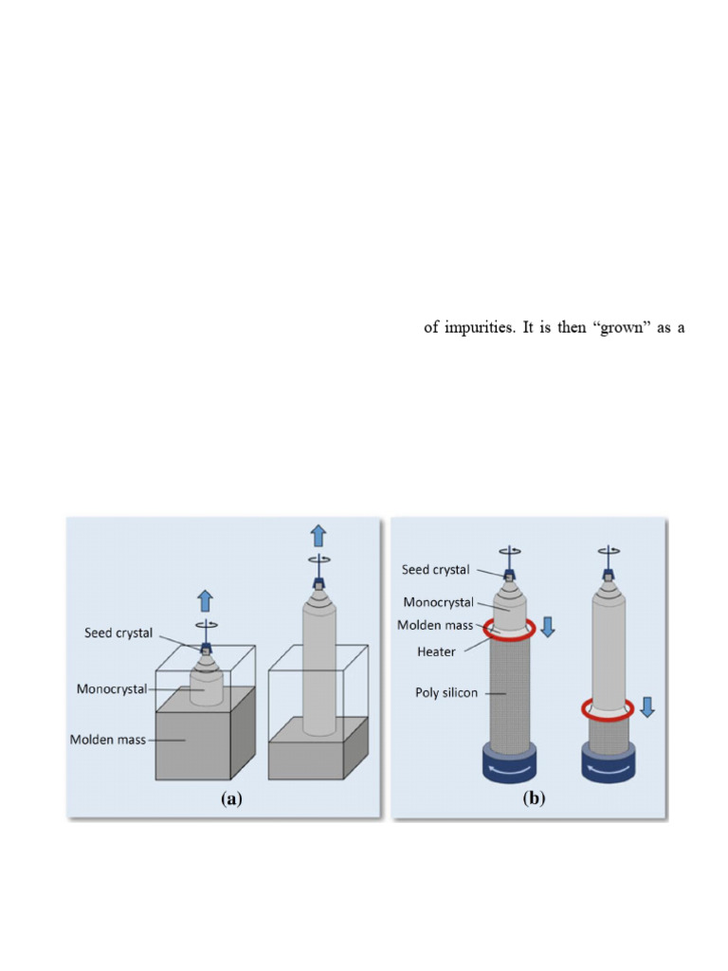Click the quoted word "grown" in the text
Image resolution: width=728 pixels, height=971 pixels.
point(603,329)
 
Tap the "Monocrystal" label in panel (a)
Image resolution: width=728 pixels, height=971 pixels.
point(112,689)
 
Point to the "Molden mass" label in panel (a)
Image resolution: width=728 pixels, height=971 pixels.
point(108,739)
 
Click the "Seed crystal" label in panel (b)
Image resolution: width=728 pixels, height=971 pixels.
point(435,570)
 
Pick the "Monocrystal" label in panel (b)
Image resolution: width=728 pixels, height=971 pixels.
point(441,602)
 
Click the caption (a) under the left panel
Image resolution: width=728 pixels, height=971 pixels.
point(230,799)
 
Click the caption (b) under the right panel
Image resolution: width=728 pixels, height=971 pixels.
point(534,799)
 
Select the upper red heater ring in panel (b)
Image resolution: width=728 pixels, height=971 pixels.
point(510,628)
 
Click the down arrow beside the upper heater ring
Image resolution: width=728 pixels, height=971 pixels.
point(548,628)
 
